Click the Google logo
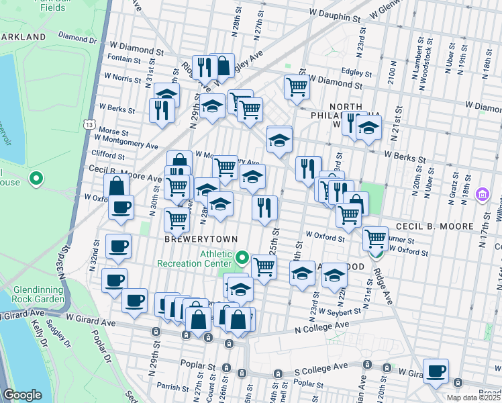pos(23,395)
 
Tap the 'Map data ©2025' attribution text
pos(474,398)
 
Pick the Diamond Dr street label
pos(78,38)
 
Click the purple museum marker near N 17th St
pos(481,195)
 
